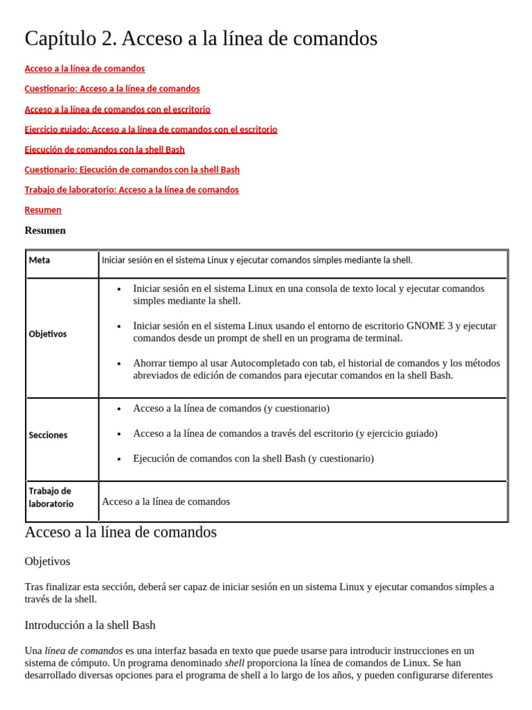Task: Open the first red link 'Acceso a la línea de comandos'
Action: [x=85, y=69]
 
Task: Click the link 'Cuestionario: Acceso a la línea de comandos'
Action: [x=112, y=89]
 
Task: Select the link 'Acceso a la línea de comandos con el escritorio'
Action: [x=117, y=109]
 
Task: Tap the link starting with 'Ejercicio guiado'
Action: [x=150, y=129]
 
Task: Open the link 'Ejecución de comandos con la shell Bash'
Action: [x=105, y=149]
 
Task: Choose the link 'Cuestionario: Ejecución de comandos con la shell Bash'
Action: [x=132, y=169]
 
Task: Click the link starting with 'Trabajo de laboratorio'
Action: [x=132, y=189]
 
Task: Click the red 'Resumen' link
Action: [x=43, y=209]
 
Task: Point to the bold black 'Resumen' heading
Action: [x=45, y=230]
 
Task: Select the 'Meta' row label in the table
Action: [x=39, y=260]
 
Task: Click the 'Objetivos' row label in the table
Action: [x=48, y=334]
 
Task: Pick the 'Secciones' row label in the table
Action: [x=48, y=435]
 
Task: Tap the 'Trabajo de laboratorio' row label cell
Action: [x=51, y=497]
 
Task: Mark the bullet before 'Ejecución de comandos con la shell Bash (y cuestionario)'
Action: [x=120, y=459]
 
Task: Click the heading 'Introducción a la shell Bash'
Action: [x=90, y=625]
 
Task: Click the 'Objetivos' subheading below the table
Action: [x=47, y=561]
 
